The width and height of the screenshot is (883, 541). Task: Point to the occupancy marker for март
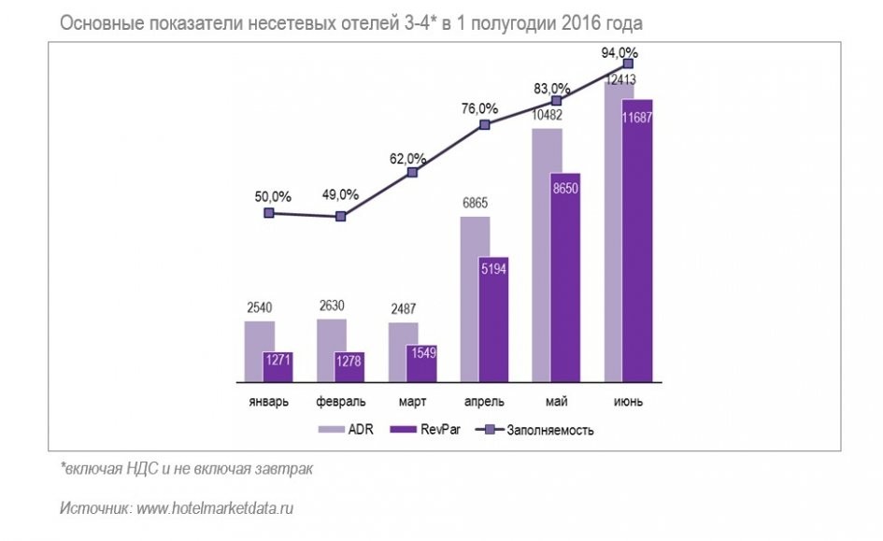(x=412, y=172)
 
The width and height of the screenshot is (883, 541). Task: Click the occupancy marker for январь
(x=269, y=213)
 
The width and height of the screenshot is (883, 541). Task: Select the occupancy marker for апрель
(x=484, y=124)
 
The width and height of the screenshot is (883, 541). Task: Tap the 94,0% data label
(x=620, y=52)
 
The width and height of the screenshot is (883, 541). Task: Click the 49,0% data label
(x=340, y=194)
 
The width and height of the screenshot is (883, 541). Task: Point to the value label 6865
(x=474, y=203)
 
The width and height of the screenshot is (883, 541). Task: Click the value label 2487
(x=403, y=309)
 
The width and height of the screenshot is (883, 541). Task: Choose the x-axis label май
(x=556, y=402)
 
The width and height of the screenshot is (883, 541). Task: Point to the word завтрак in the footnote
(x=284, y=469)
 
